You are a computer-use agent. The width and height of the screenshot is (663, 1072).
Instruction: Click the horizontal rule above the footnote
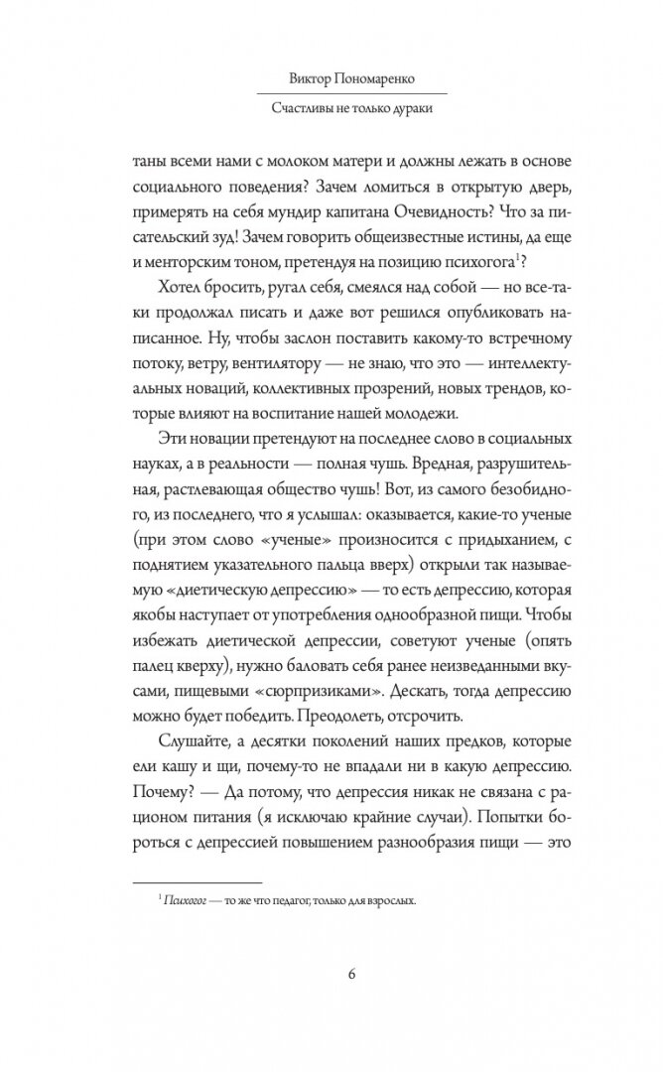pos(198,882)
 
